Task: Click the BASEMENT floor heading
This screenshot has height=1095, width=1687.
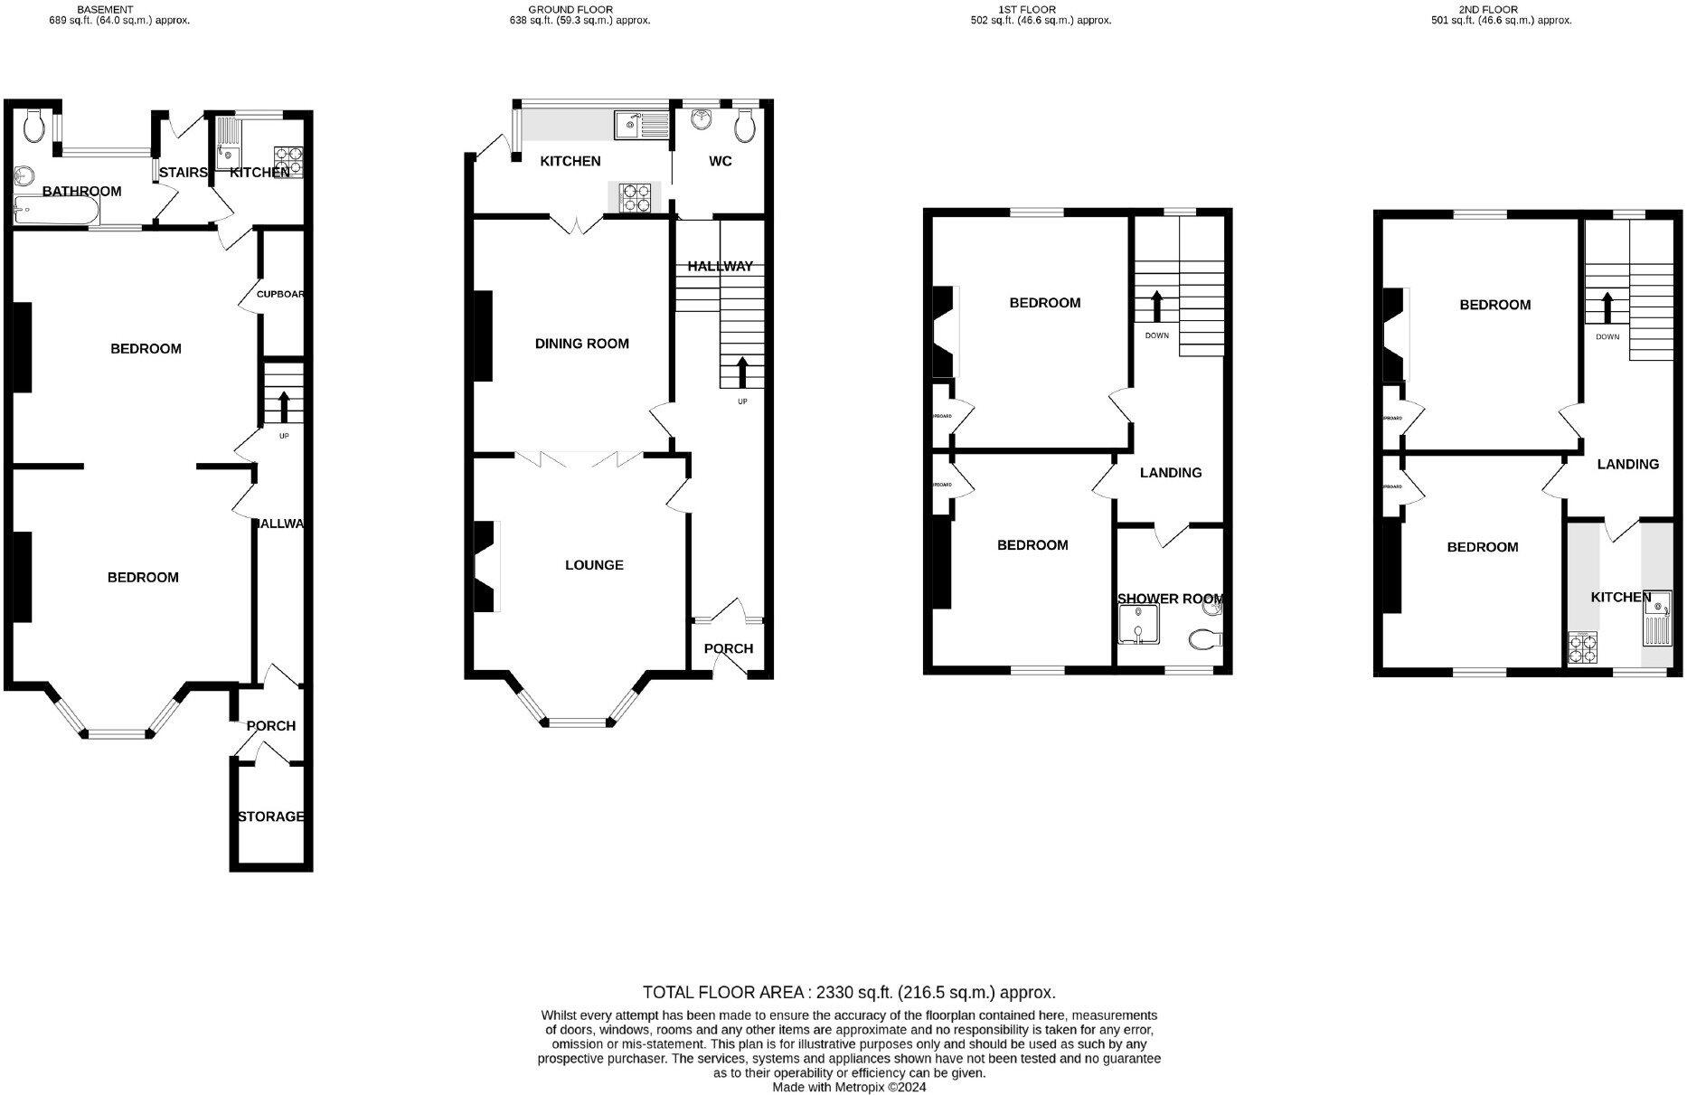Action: click(x=105, y=9)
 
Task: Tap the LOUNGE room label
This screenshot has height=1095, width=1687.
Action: click(x=594, y=565)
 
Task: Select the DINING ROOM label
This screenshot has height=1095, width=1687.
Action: click(x=581, y=344)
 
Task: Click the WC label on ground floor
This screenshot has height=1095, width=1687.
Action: click(x=721, y=162)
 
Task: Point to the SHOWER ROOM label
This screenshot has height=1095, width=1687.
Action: click(x=1171, y=599)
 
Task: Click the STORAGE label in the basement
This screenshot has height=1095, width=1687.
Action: click(x=270, y=817)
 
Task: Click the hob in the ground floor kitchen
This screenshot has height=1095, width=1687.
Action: click(x=634, y=197)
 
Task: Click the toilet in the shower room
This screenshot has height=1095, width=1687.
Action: click(x=1206, y=640)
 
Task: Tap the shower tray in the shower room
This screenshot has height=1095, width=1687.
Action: click(x=1137, y=625)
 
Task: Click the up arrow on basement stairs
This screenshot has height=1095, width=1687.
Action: click(x=284, y=406)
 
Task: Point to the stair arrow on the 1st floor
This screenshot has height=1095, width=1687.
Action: click(x=1156, y=306)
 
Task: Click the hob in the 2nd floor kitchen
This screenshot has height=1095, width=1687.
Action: click(x=1583, y=648)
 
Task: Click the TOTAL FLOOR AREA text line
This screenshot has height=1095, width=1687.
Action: click(x=849, y=992)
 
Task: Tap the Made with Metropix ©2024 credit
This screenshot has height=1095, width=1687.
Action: click(x=849, y=1087)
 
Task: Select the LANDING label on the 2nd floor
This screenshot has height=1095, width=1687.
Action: click(x=1627, y=465)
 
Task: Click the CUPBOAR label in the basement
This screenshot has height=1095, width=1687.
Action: click(x=279, y=295)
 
